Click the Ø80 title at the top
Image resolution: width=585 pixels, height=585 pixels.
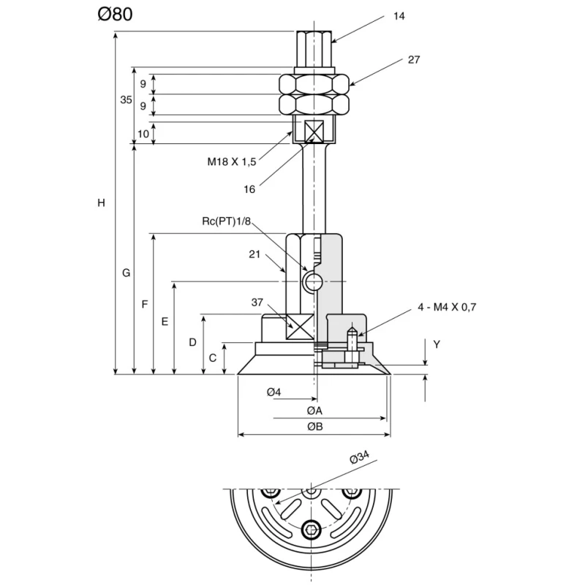(115, 14)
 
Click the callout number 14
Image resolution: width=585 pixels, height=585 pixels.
(399, 16)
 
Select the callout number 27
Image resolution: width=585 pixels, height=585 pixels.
(414, 60)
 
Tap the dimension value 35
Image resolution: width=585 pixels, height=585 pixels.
(126, 99)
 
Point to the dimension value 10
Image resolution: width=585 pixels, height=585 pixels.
(143, 134)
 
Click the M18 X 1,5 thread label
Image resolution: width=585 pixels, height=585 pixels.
(232, 162)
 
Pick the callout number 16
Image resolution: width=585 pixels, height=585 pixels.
(249, 189)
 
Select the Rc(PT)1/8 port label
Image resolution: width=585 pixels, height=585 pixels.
(227, 222)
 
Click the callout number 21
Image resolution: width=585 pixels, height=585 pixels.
(254, 254)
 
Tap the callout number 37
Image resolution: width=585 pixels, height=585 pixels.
(257, 302)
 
